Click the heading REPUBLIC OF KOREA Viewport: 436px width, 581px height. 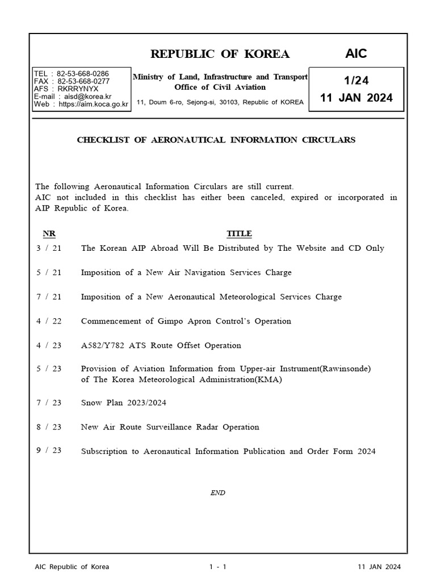(220, 54)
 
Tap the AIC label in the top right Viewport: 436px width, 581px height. (357, 54)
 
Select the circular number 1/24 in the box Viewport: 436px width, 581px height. (356, 82)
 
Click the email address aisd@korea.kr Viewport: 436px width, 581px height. (89, 96)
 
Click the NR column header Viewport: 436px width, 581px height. (49, 234)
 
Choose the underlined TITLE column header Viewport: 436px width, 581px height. (239, 234)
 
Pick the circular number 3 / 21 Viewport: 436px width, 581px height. (49, 249)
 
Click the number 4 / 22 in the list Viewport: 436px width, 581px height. (49, 321)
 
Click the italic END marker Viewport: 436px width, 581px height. (217, 493)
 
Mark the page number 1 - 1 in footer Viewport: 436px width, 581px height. (217, 567)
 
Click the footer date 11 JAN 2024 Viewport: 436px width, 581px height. (379, 567)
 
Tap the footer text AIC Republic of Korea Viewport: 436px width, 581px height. (72, 567)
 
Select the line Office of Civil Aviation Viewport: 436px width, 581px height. (220, 87)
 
